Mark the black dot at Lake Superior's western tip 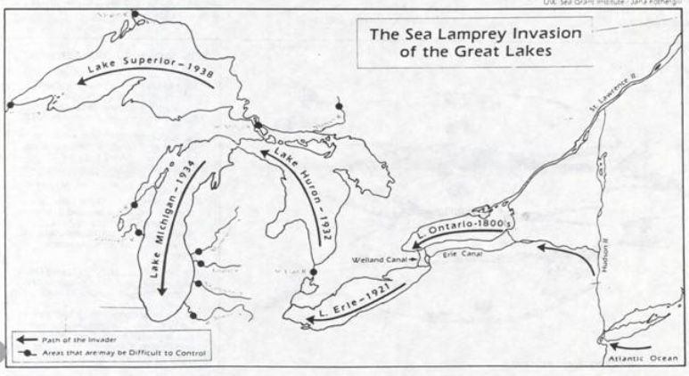[11, 105]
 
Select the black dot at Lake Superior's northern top [135, 14]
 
